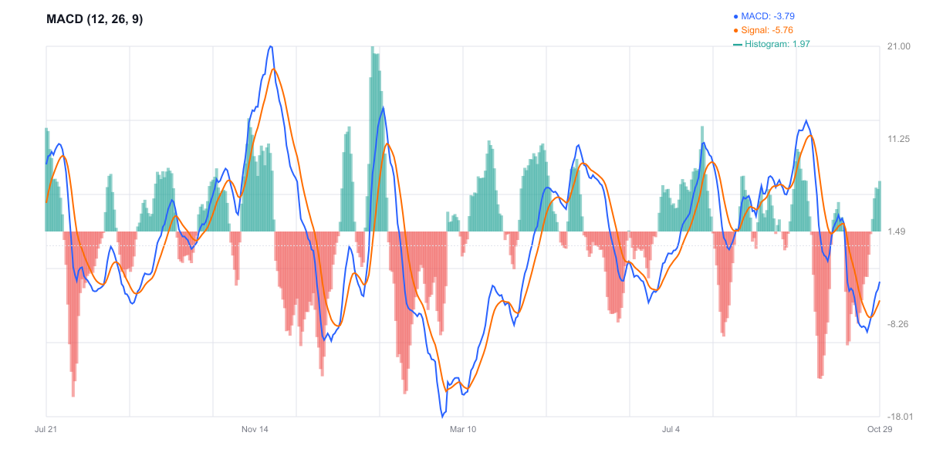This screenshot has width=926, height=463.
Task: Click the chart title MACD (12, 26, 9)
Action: point(95,19)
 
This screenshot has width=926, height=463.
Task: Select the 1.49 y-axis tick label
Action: point(897,231)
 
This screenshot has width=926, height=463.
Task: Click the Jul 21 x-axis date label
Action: point(47,429)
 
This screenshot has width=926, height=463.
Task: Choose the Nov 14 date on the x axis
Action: point(255,429)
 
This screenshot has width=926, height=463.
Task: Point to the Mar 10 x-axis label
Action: point(463,429)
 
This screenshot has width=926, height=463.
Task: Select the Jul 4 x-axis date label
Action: point(671,429)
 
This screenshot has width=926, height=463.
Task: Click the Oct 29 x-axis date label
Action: point(880,429)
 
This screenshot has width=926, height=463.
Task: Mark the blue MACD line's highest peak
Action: point(270,46)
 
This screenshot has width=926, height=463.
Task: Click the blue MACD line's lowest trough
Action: point(443,417)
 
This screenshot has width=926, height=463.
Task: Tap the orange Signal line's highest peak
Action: point(273,69)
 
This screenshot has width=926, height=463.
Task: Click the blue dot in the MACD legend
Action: point(735,15)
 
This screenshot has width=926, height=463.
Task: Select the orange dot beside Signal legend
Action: point(735,30)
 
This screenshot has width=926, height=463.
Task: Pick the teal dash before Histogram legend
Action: point(738,44)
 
